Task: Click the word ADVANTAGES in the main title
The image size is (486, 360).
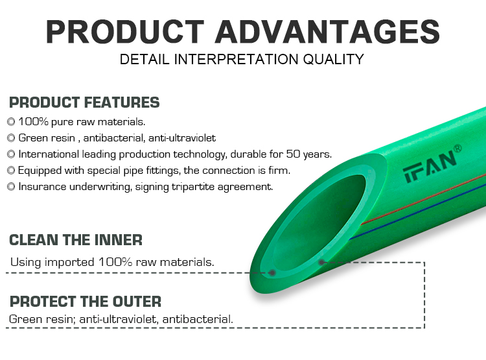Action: (x=327, y=32)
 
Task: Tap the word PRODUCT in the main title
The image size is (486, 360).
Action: (x=125, y=32)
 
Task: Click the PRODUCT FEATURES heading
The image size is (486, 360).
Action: (x=84, y=102)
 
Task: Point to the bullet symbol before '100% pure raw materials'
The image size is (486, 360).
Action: (x=11, y=122)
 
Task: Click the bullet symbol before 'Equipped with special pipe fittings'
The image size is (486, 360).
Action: (x=11, y=170)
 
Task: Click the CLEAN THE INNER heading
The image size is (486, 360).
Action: (x=76, y=240)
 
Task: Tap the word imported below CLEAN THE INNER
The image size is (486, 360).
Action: (x=69, y=262)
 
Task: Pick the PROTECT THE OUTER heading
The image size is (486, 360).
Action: (x=86, y=302)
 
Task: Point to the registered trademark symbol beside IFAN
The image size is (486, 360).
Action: (x=457, y=149)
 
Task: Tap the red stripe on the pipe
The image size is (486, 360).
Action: (x=423, y=199)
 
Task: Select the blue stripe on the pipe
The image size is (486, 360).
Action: (x=417, y=211)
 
